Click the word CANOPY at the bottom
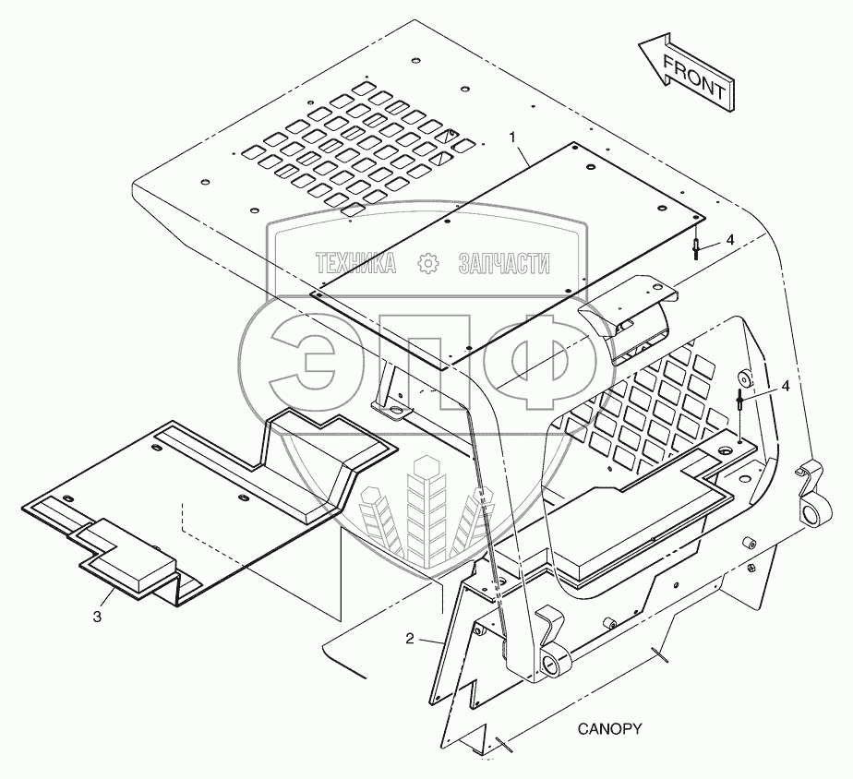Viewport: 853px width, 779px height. tap(609, 728)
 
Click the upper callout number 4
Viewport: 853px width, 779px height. tap(729, 239)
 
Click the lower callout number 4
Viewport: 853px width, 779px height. tap(785, 386)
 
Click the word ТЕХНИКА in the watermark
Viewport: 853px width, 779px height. tap(355, 265)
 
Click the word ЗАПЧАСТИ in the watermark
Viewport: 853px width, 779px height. tap(503, 265)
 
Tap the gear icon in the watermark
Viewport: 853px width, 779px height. tap(428, 265)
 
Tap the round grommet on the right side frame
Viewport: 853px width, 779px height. tap(744, 378)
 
